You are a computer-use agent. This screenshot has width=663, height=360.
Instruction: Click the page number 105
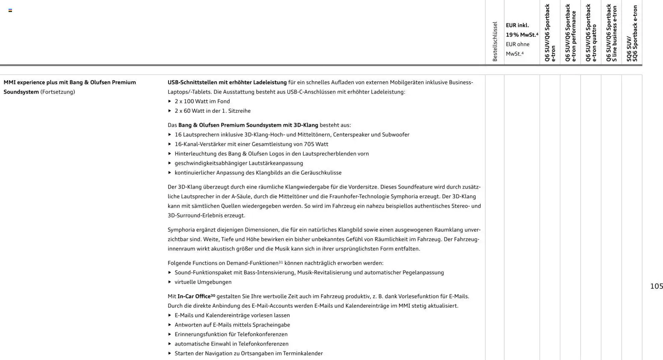(656, 286)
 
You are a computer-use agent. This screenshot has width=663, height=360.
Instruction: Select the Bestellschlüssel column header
(495, 41)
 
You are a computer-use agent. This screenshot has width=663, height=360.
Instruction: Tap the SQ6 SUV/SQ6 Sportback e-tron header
(632, 33)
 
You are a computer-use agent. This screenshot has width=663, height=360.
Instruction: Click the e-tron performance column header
(571, 33)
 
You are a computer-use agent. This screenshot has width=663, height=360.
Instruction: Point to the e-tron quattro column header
(591, 33)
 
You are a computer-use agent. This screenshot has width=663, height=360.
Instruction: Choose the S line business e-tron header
(612, 33)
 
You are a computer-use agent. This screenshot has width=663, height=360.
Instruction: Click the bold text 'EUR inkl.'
(517, 25)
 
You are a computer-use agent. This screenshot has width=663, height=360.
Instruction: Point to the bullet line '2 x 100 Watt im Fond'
(202, 101)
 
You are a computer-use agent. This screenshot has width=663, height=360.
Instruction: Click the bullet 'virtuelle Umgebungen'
(203, 282)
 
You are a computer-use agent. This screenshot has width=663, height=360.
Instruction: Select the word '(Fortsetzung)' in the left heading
(58, 92)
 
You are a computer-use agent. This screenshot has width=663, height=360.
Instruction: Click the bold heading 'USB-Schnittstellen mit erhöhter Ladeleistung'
(227, 82)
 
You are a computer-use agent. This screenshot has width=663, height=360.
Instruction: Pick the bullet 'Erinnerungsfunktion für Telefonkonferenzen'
(231, 334)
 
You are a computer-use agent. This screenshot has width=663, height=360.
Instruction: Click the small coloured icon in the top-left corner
(10, 10)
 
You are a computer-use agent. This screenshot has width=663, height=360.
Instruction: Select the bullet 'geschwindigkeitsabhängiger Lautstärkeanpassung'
(239, 163)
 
